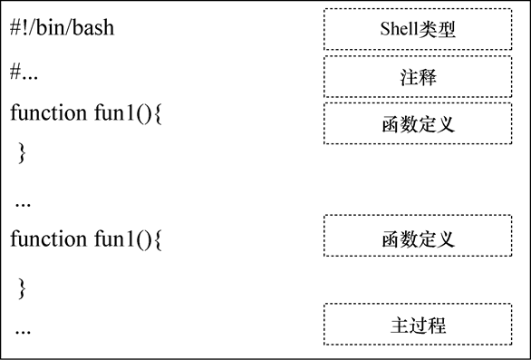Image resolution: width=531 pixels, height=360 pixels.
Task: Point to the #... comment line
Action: coord(24,73)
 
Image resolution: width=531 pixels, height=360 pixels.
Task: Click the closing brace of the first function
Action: coord(23,151)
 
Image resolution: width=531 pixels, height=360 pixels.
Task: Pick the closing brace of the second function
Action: coord(23,287)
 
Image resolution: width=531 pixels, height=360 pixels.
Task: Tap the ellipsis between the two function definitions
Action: coord(24,201)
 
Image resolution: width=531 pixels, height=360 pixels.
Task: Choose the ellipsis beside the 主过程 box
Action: coord(24,328)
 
